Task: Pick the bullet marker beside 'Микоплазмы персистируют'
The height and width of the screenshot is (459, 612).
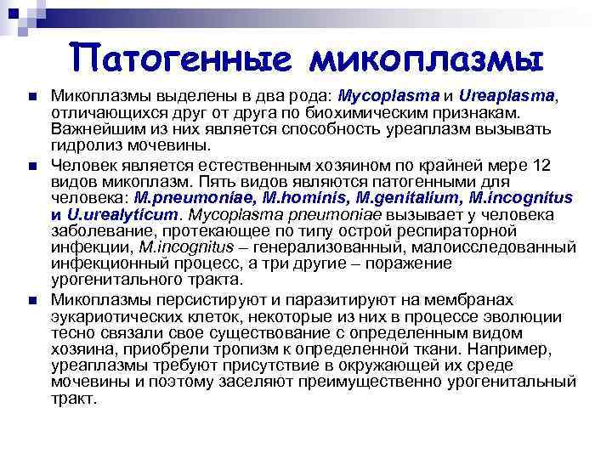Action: (32, 300)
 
